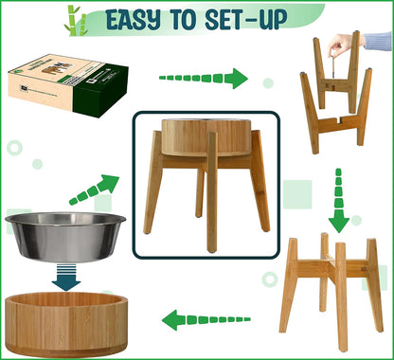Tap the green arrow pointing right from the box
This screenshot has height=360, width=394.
pos(203,79)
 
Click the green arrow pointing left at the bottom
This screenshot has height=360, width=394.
pos(205,319)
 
